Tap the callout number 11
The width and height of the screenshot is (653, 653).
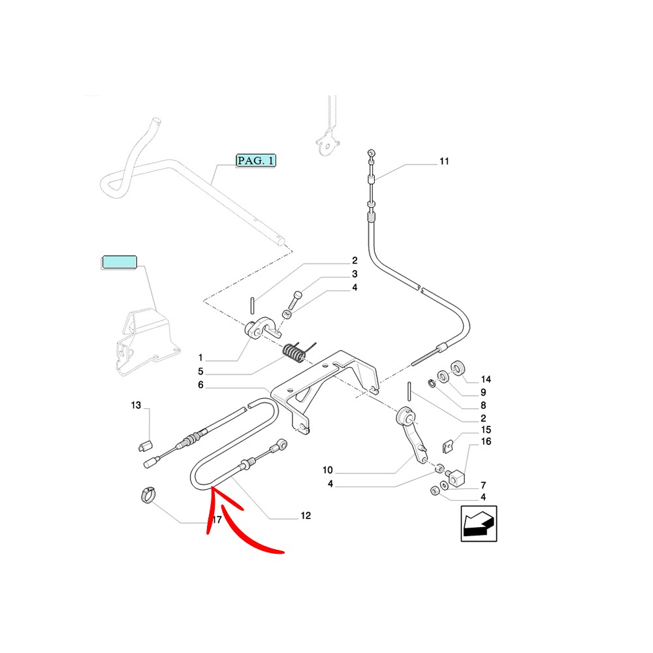444,161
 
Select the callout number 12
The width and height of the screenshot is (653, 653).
305,516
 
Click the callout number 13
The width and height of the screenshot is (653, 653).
136,406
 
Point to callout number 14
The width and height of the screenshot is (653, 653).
485,379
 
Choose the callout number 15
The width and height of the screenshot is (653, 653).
485,430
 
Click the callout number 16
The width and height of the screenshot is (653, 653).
485,442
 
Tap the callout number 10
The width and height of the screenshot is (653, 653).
328,470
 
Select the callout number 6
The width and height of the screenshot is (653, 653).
200,386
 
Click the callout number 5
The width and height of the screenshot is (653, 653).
200,372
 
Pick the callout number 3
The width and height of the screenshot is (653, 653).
355,274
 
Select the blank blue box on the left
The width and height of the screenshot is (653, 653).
119,263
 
